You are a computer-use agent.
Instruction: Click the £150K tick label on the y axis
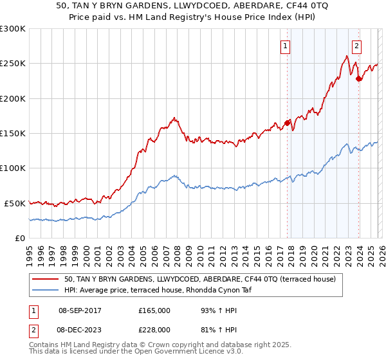(x=13, y=133)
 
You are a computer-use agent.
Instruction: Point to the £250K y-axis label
(x=13, y=64)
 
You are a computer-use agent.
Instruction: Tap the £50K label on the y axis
(x=15, y=203)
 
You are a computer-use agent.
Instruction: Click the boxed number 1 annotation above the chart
(x=284, y=46)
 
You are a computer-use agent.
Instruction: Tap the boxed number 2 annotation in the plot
(x=356, y=46)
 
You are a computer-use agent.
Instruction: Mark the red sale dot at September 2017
(x=287, y=123)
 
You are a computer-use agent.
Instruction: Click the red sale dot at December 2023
(x=358, y=79)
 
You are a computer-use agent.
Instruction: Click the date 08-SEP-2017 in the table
(x=80, y=310)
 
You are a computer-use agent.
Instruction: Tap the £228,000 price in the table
(x=154, y=329)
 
